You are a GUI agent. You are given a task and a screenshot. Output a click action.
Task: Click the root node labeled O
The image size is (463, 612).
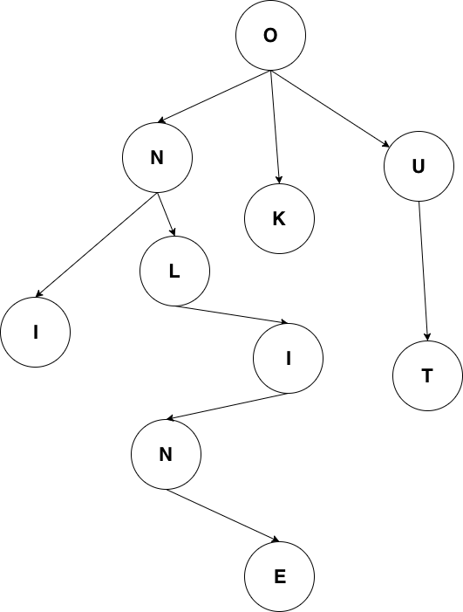tap(270, 36)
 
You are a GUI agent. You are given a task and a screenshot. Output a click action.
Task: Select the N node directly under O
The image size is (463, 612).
tap(157, 158)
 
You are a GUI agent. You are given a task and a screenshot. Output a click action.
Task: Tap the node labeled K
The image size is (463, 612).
tap(279, 218)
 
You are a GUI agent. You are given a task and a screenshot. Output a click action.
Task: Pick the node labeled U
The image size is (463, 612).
tap(419, 167)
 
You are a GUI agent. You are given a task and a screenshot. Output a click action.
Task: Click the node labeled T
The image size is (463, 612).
tap(427, 376)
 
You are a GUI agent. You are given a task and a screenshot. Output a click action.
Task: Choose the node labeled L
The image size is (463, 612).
tap(174, 272)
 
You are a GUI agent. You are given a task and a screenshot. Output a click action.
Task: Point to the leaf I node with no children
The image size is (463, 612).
tap(35, 333)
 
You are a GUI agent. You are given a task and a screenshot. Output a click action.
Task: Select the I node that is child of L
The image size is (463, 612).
tap(288, 359)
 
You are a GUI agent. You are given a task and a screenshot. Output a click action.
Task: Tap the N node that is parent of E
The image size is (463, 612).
tap(166, 455)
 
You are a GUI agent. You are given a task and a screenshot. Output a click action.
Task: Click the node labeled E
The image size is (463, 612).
tap(279, 577)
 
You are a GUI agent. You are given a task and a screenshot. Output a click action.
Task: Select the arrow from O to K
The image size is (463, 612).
tap(275, 127)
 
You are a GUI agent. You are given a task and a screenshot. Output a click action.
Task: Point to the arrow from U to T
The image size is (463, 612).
tap(423, 271)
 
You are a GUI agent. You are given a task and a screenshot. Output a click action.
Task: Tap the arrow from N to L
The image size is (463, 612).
tap(167, 215)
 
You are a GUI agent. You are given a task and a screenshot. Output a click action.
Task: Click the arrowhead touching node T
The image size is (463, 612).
tap(426, 337)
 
